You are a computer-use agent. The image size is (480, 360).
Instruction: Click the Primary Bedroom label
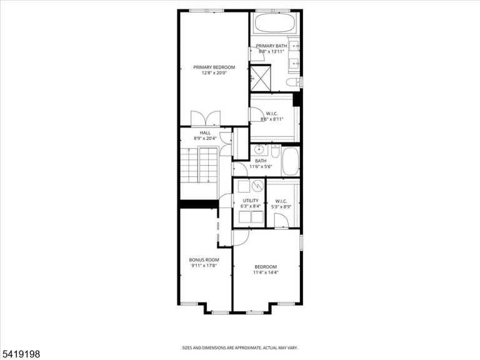pos(214,67)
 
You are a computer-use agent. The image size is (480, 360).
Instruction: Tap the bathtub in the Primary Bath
pos(274,22)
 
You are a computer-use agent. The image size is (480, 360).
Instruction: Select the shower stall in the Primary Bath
pos(261,78)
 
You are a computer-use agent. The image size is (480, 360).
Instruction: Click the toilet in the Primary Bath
pos(293,82)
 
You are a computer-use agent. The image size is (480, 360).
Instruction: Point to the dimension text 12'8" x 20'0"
pos(214,73)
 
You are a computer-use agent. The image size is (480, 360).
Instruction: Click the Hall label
pos(205,133)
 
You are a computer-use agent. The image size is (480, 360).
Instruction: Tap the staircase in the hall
pos(199,165)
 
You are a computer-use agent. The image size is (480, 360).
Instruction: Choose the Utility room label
pos(251,201)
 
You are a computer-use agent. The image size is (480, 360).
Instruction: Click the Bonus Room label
pos(204,260)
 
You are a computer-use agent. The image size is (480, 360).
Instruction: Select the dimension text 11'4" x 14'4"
pos(266,272)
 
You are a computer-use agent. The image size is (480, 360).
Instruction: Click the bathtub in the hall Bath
pos(291,161)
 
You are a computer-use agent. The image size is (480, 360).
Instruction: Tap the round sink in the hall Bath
pos(259,150)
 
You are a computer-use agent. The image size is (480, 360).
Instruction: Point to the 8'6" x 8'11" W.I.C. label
pos(272,116)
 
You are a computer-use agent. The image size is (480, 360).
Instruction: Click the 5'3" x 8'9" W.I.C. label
pos(281,204)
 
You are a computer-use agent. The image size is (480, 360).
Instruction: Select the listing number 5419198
pos(20,354)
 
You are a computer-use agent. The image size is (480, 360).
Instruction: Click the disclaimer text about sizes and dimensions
pos(240,348)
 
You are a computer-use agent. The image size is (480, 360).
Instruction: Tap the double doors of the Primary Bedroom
pos(206,118)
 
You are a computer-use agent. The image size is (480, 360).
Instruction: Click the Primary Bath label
pos(271,46)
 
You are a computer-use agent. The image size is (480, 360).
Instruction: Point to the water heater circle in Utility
pos(257,185)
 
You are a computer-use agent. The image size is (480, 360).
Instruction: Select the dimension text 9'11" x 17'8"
pos(204,266)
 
